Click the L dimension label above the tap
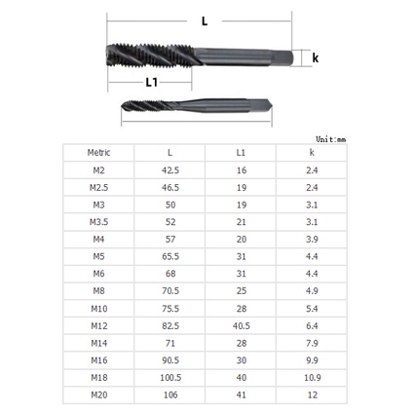205,21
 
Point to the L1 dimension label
151,82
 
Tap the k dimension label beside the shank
315,57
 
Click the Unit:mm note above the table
330,139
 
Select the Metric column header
98,152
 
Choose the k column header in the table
312,152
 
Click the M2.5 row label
98,187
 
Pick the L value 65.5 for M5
170,256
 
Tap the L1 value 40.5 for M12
242,325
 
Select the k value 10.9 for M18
313,377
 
